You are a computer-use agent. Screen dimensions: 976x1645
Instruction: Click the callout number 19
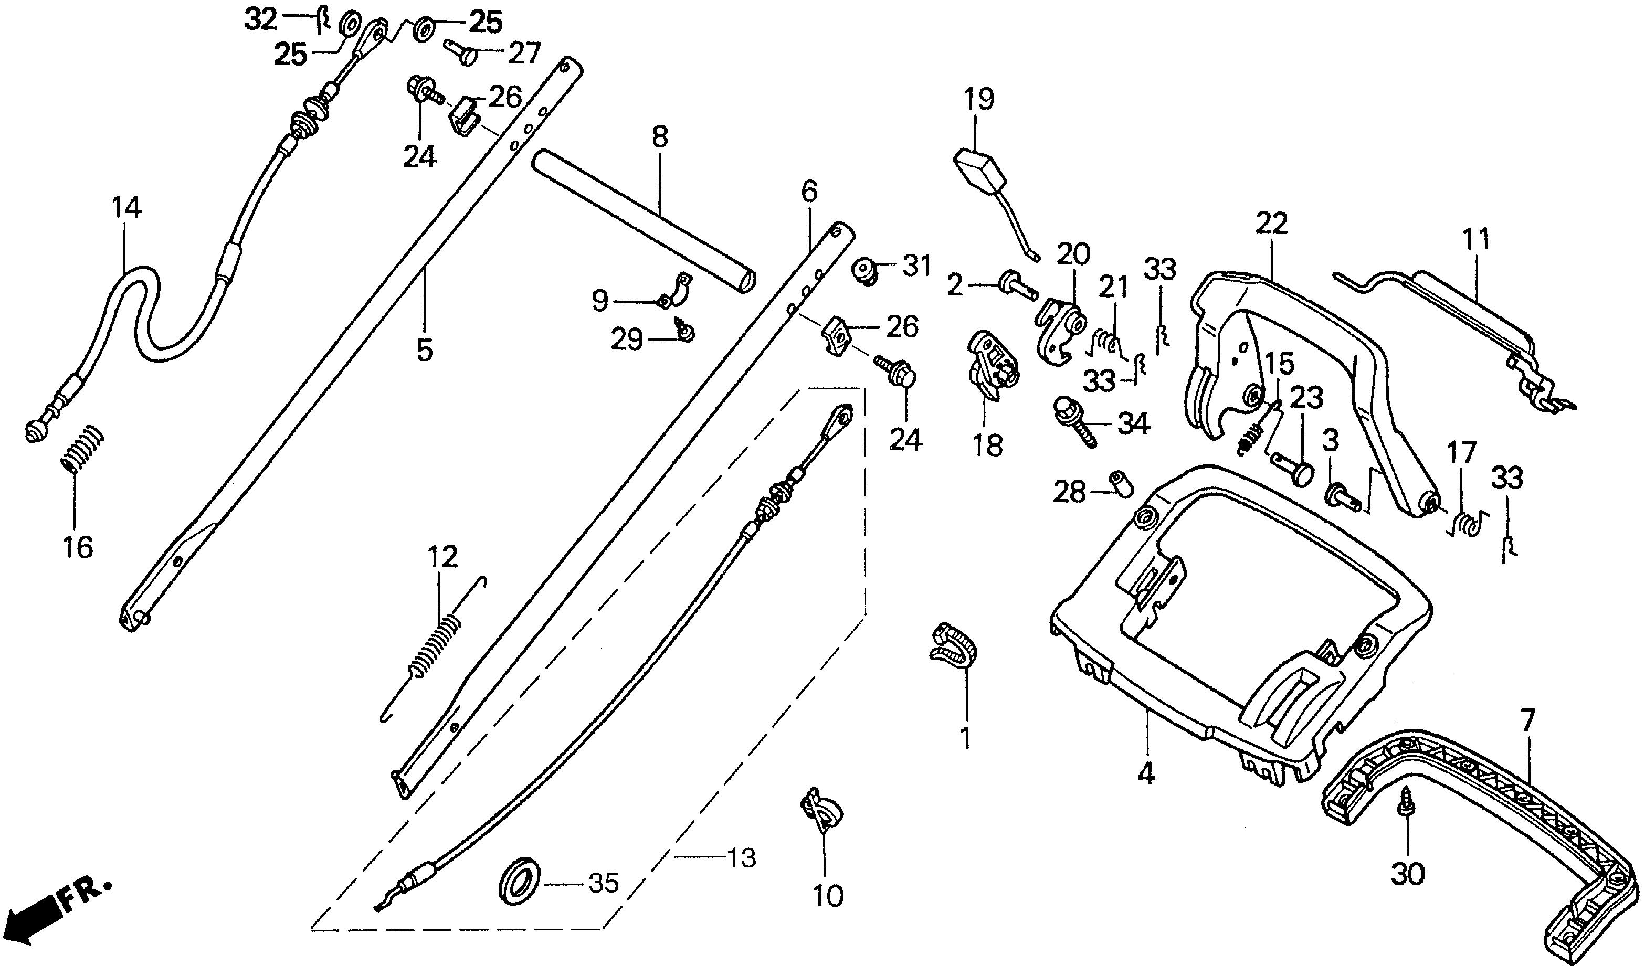pos(979,99)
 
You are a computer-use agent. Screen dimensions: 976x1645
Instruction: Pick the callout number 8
pos(659,137)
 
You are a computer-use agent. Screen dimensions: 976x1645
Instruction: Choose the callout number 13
pos(743,859)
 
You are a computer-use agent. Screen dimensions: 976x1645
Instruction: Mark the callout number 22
pos(1271,224)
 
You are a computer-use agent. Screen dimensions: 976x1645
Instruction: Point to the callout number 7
pos(1526,720)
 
